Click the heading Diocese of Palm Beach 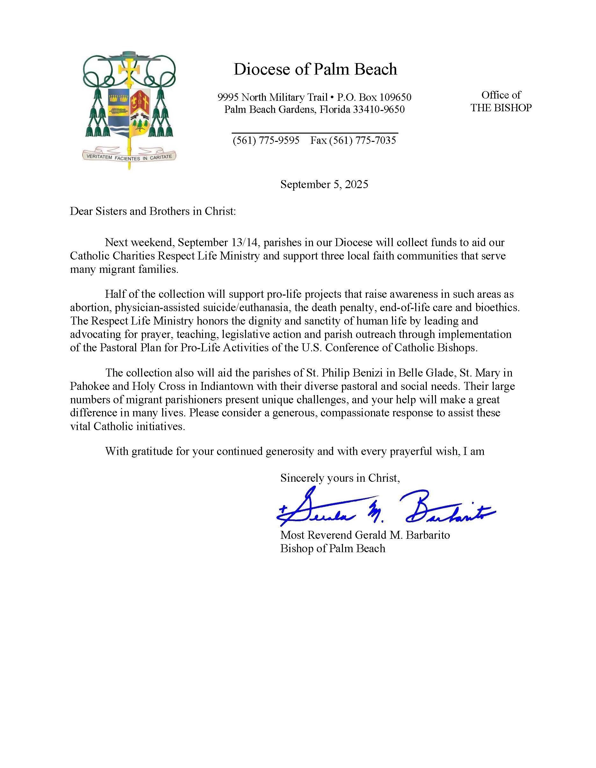315,69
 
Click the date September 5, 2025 324,184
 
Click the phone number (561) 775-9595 266,140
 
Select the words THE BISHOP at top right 501,108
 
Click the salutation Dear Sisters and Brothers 153,211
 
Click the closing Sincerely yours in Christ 340,478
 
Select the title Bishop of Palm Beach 332,549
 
